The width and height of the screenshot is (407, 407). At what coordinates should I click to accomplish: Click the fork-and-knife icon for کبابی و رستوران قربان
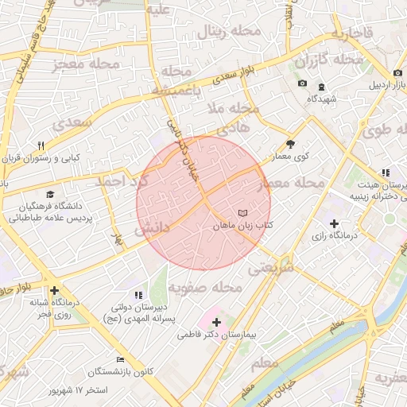41,145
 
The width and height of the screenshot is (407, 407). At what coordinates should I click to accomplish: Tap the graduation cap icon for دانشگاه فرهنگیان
51,194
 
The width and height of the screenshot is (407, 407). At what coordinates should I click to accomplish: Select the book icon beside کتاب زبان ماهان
242,213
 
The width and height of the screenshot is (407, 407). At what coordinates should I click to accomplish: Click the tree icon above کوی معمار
291,145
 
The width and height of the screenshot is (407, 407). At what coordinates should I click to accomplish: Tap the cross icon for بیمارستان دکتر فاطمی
217,322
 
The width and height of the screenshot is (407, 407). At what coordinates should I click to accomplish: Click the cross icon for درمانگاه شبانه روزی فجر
54,290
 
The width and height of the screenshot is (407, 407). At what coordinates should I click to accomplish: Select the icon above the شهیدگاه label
321,87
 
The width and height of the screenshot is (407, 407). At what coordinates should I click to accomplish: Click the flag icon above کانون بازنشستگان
120,359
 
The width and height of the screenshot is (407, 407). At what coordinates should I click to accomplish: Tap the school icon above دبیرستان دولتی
138,295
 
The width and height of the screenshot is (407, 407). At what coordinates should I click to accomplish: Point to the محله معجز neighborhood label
87,63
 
